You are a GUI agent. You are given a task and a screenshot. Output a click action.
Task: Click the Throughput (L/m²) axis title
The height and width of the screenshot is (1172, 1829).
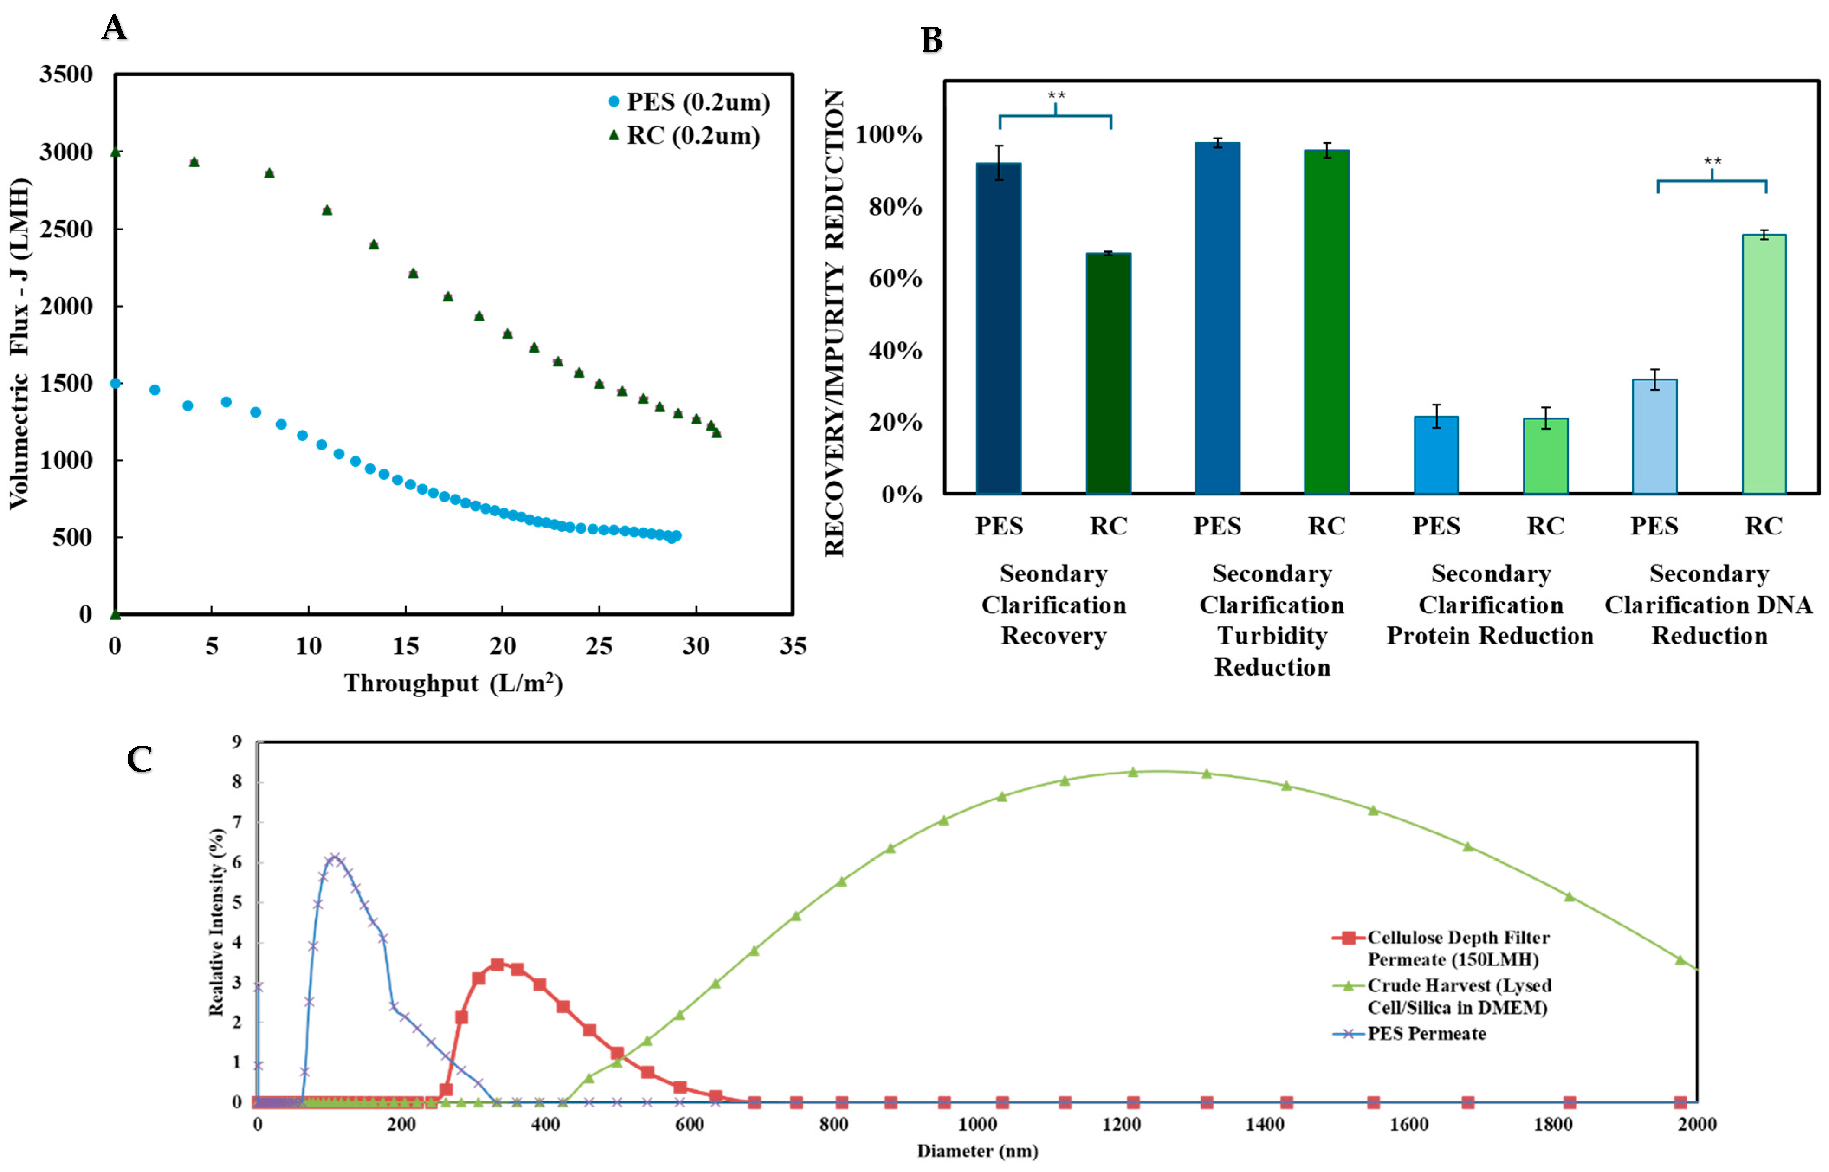coord(453,683)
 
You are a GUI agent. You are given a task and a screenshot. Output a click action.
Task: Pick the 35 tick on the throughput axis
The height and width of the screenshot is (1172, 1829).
coord(793,646)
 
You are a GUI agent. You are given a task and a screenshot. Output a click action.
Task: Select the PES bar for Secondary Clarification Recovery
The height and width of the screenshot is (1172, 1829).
coord(998,328)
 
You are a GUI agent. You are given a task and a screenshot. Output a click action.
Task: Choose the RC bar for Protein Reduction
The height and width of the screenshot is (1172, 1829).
coord(1545,456)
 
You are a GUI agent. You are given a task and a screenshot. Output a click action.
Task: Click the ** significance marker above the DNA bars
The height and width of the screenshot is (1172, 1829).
coord(1712,162)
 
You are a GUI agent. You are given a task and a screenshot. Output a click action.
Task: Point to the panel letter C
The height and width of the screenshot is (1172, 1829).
coord(139,759)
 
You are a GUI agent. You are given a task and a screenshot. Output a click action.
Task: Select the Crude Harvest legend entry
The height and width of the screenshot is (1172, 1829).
coord(1459,996)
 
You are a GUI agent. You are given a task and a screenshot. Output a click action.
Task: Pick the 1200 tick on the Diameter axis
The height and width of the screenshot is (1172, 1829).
coord(1121,1124)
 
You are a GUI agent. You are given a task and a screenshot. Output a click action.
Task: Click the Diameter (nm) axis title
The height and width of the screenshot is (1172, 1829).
coord(977,1151)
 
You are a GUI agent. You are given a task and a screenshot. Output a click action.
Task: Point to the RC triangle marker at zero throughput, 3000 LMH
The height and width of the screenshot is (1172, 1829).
coord(116,152)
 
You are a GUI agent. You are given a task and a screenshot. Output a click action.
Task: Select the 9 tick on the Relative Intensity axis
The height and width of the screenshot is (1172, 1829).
coord(236,742)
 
